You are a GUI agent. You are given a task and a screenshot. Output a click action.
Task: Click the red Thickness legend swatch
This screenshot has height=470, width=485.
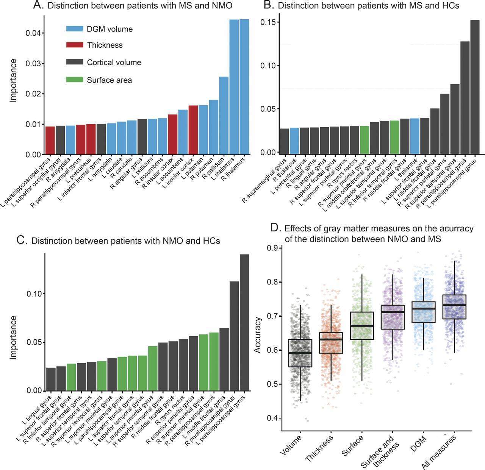click(75, 45)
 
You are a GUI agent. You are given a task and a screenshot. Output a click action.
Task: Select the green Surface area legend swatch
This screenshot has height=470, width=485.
click(75, 80)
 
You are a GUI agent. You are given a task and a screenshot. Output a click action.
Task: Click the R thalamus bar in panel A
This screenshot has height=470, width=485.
click(244, 87)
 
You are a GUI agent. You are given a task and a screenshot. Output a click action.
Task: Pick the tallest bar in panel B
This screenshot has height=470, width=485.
click(475, 87)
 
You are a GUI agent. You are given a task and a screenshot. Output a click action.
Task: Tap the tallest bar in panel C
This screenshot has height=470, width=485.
click(244, 322)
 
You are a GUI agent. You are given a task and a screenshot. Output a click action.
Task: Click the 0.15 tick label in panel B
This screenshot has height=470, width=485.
click(268, 22)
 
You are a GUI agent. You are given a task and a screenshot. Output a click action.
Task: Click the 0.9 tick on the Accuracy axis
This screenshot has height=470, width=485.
click(273, 248)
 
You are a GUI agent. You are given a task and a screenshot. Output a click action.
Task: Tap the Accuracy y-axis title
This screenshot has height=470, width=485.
click(258, 335)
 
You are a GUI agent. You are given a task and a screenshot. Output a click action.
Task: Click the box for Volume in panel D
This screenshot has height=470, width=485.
click(300, 353)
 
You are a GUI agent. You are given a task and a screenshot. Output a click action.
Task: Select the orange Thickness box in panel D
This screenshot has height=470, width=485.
click(331, 343)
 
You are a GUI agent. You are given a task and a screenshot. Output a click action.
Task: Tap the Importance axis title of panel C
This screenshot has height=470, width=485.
click(14, 337)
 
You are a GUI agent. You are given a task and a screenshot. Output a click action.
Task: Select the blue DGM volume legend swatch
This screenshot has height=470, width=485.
click(75, 29)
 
